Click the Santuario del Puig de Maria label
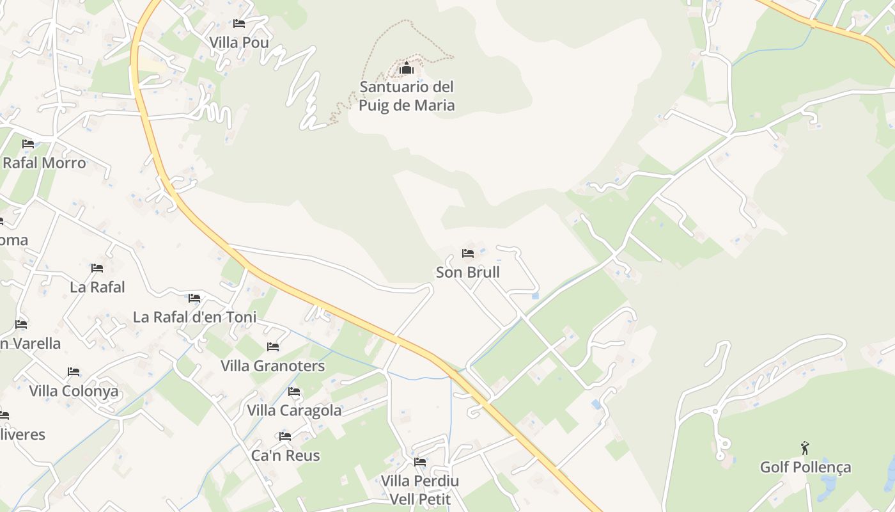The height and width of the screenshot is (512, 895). point(407,96)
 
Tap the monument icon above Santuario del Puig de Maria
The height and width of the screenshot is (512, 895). point(407,68)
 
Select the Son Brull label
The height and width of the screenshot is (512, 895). point(467,272)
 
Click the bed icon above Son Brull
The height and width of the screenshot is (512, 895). point(468,253)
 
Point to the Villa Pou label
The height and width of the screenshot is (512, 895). point(239,42)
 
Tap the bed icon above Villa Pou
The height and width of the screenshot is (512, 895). point(239,24)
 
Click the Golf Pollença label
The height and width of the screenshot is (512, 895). point(805,467)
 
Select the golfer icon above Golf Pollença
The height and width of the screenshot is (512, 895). point(805,448)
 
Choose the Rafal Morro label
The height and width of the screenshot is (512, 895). point(44,163)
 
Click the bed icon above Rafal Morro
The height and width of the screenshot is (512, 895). point(28,144)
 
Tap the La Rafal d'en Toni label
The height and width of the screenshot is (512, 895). point(194,317)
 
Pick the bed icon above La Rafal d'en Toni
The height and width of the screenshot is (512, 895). point(194,298)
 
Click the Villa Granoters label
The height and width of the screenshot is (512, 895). point(273,366)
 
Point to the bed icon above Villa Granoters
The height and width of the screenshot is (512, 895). point(273,347)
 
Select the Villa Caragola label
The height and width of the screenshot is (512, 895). point(294,410)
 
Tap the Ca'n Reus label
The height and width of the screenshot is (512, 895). point(285,456)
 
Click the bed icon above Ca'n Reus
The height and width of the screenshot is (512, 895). point(285,436)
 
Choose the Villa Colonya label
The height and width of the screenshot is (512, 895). point(74,391)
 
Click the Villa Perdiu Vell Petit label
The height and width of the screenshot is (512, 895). point(420,490)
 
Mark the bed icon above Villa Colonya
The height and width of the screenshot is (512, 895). point(74,372)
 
